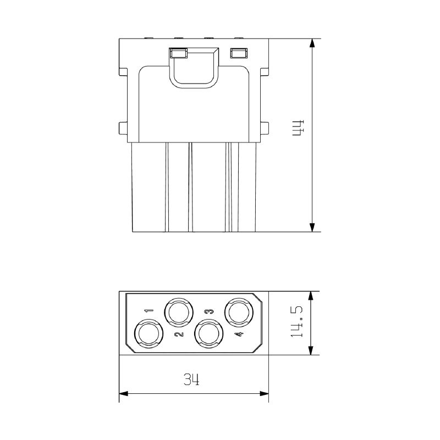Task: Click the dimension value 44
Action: [x=299, y=128]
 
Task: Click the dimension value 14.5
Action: [x=296, y=322]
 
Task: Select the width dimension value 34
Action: [x=191, y=379]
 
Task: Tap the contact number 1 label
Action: [x=148, y=310]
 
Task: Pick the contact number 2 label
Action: [x=179, y=334]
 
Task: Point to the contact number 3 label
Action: [x=209, y=311]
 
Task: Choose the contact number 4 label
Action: [x=239, y=334]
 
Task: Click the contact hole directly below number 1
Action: [x=149, y=334]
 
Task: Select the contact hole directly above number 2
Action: [x=179, y=312]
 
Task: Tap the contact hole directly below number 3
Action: [x=209, y=334]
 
